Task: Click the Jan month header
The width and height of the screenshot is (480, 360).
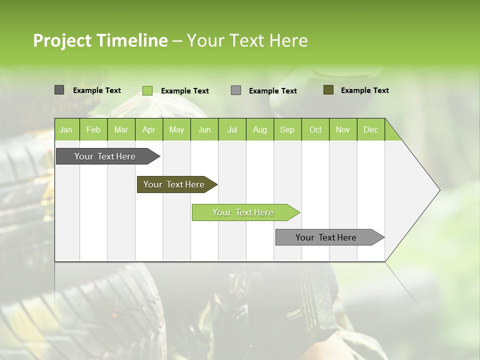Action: tap(66, 129)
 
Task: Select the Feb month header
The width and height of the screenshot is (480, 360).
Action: tap(93, 129)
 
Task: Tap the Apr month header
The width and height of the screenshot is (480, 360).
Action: tap(148, 129)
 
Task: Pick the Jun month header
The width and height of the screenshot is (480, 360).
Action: tap(204, 129)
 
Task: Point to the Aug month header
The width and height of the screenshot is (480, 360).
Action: tap(259, 129)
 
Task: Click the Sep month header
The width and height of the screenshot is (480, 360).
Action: tap(287, 129)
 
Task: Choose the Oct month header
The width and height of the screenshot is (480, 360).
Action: tap(315, 129)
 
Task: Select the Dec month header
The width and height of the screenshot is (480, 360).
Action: tap(370, 129)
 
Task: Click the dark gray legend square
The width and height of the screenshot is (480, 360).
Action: tap(59, 90)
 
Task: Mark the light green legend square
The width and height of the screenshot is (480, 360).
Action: tap(147, 90)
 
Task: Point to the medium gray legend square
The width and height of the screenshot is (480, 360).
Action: tap(236, 90)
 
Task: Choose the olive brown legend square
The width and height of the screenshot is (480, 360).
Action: tap(328, 90)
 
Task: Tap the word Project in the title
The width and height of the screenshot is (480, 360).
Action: tap(62, 40)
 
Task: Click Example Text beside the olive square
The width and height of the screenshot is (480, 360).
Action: tap(364, 90)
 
